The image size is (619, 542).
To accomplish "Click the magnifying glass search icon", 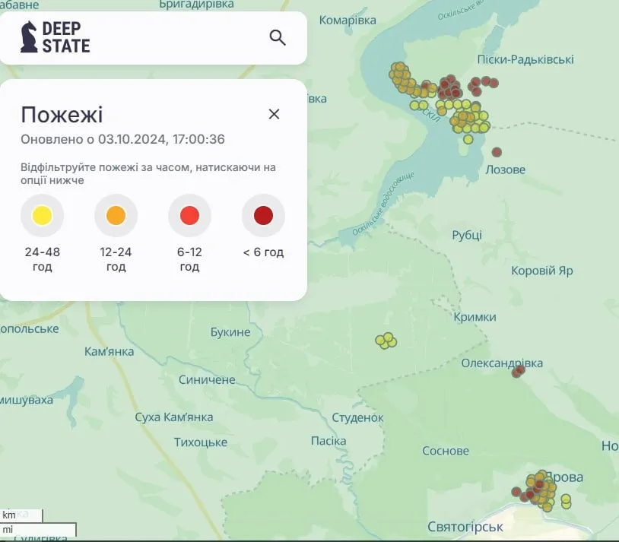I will coord(278,37).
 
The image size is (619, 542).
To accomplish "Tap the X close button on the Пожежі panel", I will coord(275,114).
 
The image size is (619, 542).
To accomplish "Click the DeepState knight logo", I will coord(29,36).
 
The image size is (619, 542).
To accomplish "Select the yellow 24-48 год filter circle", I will coord(43,216).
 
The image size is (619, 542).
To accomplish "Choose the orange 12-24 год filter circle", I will coord(116,216).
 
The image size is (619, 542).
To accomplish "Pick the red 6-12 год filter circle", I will coord(189,216).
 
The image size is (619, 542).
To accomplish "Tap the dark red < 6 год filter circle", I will coord(263,216).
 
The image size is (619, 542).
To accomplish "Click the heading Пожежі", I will coord(62,115).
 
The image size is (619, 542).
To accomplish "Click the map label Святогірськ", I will coord(465,527).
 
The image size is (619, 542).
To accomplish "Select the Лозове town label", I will coord(505,170).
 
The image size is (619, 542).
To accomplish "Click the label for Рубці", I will coord(467,235).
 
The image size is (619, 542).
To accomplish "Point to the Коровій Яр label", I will coord(541,271).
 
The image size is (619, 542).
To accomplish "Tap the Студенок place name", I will coord(357,417).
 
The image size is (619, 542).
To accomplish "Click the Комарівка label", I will coord(348,20).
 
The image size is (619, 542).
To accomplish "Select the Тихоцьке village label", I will coord(201,442).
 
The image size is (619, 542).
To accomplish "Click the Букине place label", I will coord(231,332).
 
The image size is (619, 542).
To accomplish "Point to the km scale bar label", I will coord(9,515).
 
